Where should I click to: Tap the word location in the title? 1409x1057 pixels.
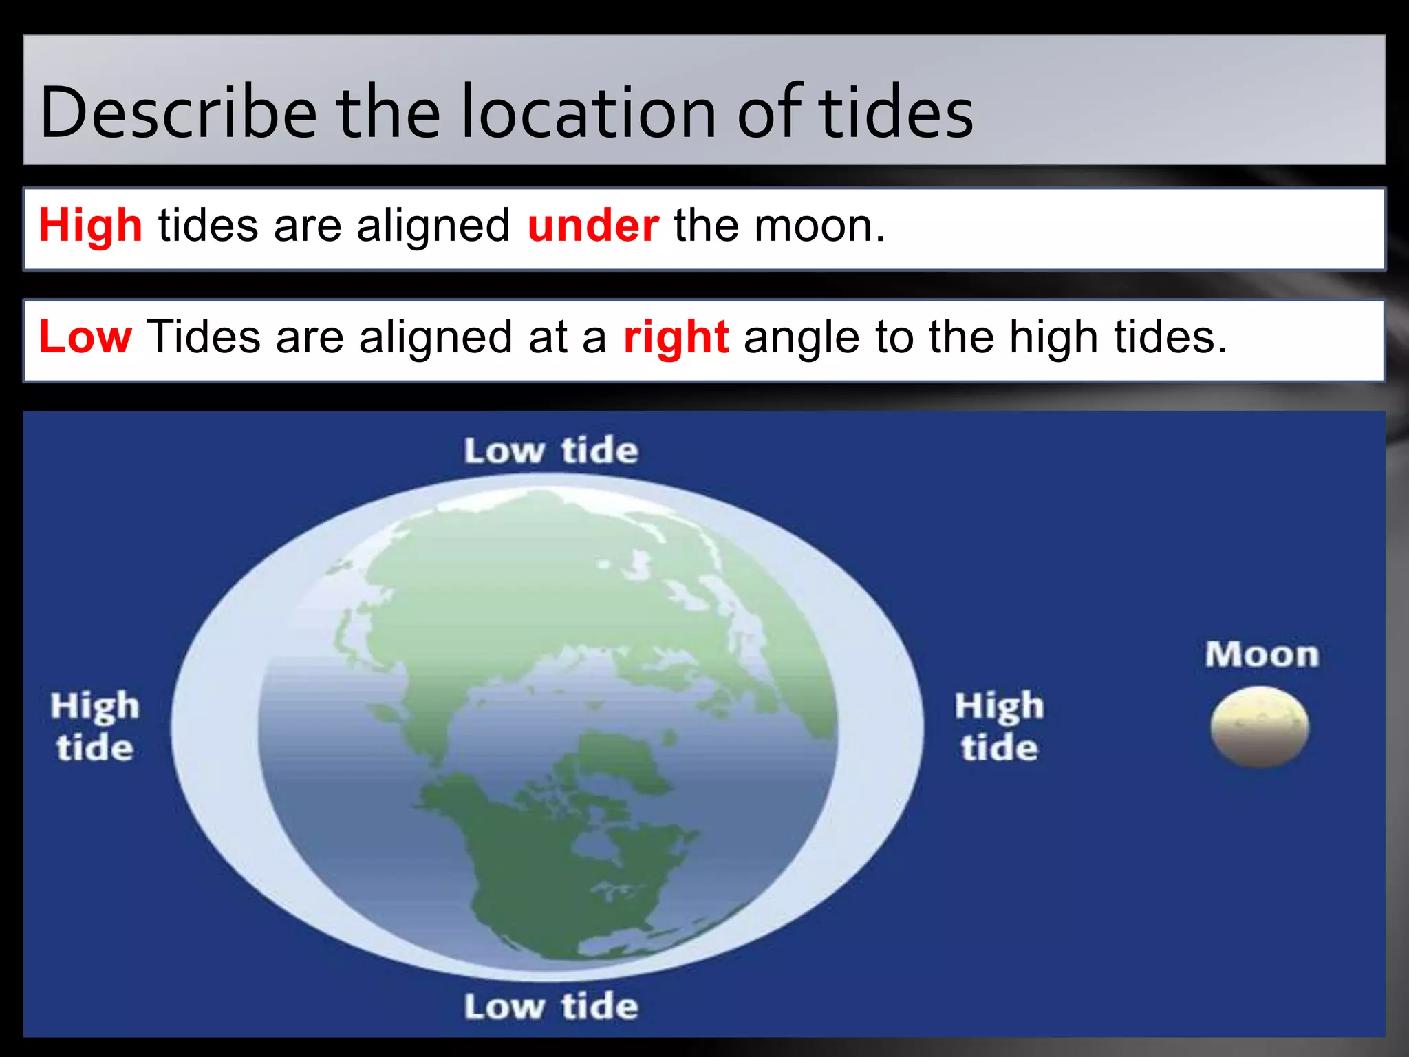click(589, 112)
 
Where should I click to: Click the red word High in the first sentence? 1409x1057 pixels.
click(91, 226)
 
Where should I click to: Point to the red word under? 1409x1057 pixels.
click(593, 226)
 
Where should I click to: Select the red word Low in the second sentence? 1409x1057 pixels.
click(85, 337)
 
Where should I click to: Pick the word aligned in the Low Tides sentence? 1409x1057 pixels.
click(435, 337)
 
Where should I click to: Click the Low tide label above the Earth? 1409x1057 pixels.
click(551, 451)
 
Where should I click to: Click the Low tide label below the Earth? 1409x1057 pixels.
click(551, 1007)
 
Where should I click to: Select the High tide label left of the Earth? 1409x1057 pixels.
click(95, 727)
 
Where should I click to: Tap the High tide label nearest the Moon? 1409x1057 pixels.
click(999, 727)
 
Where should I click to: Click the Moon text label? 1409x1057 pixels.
click(1262, 654)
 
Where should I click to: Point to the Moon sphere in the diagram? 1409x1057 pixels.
click(1260, 727)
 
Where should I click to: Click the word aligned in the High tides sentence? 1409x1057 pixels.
click(433, 226)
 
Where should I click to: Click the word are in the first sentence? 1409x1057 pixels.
click(308, 226)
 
